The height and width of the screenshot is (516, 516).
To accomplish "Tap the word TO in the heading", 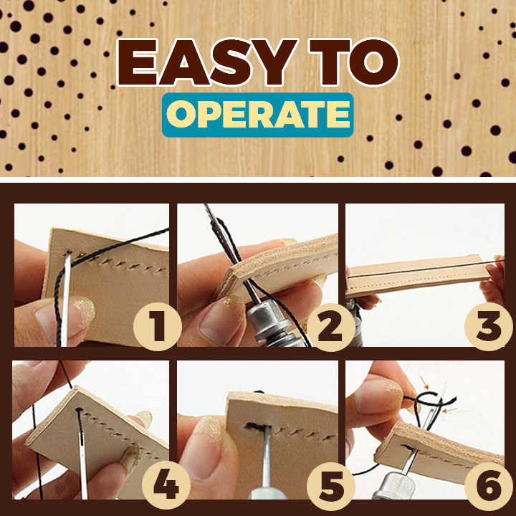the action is click(354, 62).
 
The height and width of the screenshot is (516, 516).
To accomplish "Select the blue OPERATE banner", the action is click(258, 115).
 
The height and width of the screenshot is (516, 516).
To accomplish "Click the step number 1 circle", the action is click(158, 326).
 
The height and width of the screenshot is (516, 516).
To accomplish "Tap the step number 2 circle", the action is click(330, 327).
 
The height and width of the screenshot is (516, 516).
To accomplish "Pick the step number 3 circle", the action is click(489, 326).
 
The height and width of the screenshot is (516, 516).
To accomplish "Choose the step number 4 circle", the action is click(166, 484).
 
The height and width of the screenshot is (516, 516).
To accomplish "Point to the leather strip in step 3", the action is click(418, 274).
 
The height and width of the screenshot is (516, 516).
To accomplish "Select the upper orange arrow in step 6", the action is click(424, 383).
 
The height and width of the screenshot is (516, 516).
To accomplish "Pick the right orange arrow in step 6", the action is click(450, 411).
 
